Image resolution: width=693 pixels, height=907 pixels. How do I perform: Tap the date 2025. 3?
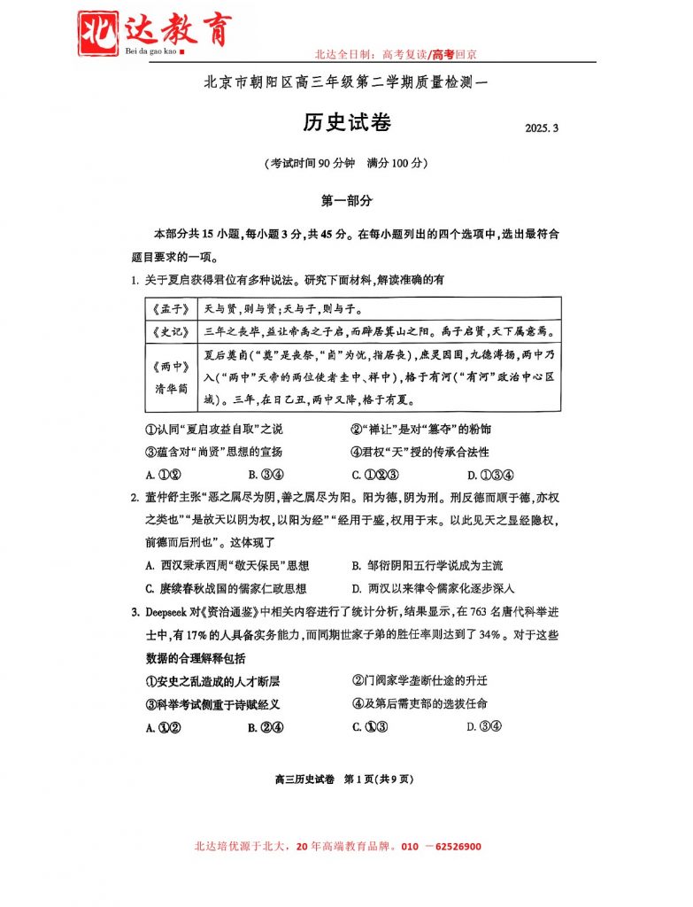(x=542, y=129)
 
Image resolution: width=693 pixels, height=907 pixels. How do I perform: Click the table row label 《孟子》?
(x=171, y=309)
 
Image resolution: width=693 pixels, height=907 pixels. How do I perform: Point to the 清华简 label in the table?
(x=171, y=388)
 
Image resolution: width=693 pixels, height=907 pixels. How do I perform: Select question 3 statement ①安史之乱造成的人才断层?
(x=212, y=681)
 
